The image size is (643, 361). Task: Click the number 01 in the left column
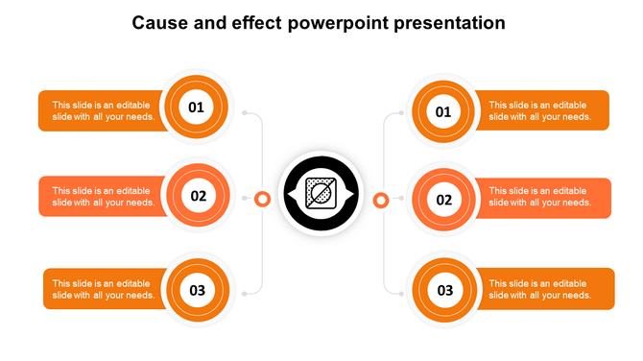coord(196,108)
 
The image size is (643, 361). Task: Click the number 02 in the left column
coord(198,197)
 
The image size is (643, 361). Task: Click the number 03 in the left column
coord(198,290)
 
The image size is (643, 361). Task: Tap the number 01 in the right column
coord(443,112)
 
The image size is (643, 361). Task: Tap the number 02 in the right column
coord(444,201)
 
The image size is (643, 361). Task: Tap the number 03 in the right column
coord(445,290)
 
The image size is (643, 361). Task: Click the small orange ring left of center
coord(261,199)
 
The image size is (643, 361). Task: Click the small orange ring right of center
coord(380,200)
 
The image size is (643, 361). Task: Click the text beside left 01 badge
coord(103,111)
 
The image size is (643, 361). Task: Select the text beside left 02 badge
coord(103,197)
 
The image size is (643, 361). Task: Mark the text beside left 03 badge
coord(103,290)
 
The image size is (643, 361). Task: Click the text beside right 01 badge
coord(539,111)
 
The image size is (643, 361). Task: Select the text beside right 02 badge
coord(539,197)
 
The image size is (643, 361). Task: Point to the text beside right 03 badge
coord(539,290)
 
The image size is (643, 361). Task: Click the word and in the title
coord(210,22)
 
